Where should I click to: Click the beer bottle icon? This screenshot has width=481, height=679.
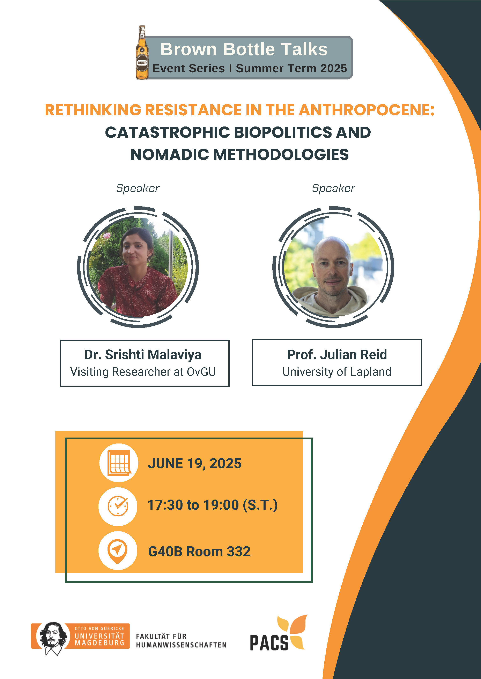tap(142, 53)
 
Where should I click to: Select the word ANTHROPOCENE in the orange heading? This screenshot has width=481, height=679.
tap(366, 110)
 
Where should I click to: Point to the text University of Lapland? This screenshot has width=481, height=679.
tap(337, 372)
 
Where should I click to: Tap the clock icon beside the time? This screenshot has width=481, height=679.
tap(118, 506)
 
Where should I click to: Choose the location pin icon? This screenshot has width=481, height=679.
tap(118, 551)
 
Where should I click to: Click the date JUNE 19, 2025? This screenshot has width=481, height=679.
tap(195, 463)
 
